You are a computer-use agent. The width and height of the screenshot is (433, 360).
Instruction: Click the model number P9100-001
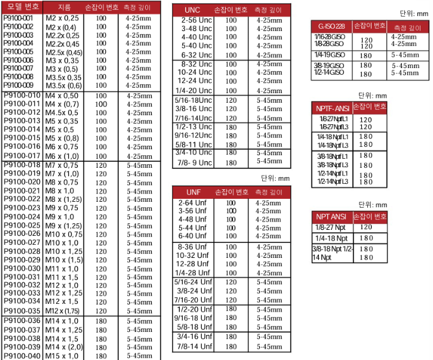[19, 18]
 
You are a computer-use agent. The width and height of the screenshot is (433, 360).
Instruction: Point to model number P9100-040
[22, 356]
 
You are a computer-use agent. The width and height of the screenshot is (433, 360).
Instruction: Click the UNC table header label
[192, 10]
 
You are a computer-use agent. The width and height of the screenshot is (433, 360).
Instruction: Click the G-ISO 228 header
[331, 26]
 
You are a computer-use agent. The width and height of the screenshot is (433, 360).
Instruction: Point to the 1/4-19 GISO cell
[329, 54]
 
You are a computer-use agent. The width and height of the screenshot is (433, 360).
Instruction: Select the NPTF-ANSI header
[332, 108]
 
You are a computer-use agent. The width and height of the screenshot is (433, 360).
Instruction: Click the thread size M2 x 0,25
[62, 19]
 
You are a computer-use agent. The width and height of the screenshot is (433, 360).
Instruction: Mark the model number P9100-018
[22, 165]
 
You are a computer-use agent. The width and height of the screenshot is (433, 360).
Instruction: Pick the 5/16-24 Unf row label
[193, 282]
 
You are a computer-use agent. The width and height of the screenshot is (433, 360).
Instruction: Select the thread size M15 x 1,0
[62, 356]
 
